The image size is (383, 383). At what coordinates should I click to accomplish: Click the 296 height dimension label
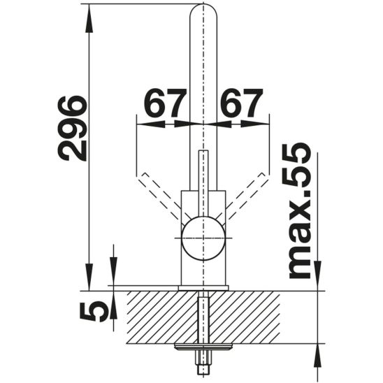(x=72, y=129)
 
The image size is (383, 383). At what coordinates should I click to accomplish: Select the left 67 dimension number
(x=166, y=103)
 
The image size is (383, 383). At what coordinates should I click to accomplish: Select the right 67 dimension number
(x=241, y=103)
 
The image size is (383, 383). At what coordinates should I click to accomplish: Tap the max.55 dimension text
(x=301, y=210)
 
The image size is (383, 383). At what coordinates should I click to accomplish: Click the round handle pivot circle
(x=203, y=238)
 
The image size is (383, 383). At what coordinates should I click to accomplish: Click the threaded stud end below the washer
(x=203, y=359)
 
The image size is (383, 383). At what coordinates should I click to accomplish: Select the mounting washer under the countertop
(x=203, y=345)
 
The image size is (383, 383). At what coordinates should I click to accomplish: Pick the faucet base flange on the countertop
(x=203, y=287)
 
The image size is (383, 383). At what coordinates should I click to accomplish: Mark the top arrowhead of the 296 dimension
(x=89, y=14)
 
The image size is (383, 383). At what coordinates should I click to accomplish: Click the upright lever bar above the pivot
(x=203, y=182)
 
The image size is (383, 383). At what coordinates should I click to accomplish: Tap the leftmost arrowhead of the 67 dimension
(x=145, y=124)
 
